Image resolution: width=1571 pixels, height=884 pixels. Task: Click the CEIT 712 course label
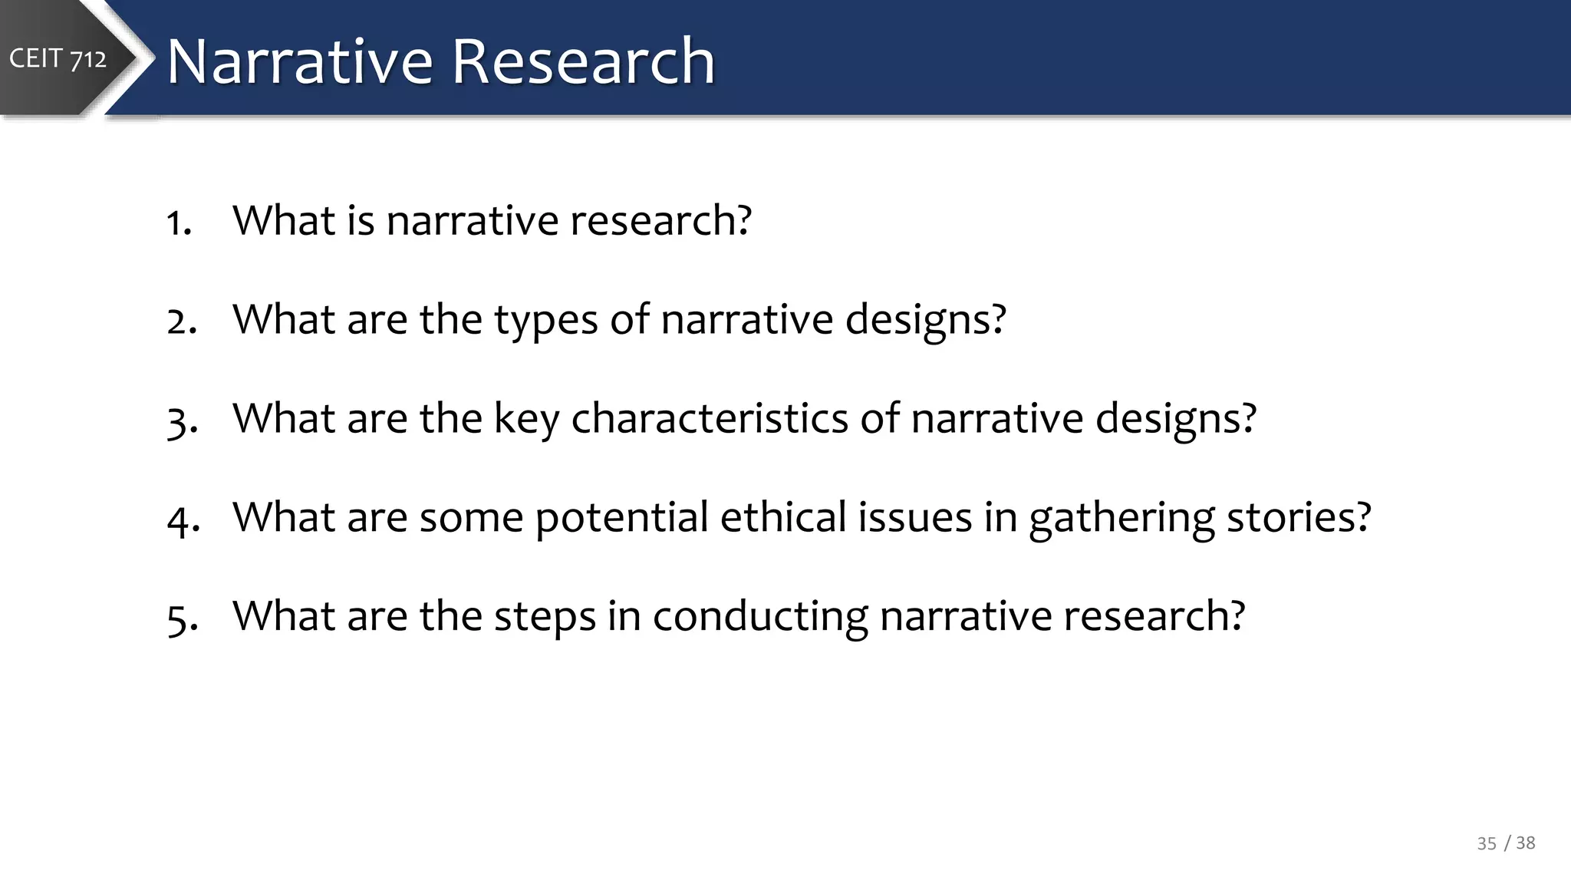point(58,58)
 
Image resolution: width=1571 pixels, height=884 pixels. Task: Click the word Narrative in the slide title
point(300,61)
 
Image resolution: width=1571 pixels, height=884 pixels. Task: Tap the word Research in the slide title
point(583,61)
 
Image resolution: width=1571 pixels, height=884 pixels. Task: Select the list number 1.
point(178,223)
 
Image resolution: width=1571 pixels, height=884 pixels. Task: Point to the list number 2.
point(181,321)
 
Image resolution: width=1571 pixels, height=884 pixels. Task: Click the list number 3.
point(181,421)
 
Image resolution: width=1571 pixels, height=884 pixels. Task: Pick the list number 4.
point(183,520)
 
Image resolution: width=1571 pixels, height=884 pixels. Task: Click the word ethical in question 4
point(782,517)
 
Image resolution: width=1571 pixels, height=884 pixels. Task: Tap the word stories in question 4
point(1298,517)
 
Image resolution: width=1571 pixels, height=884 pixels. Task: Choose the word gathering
point(1121,519)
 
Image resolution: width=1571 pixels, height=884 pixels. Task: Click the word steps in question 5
point(545,617)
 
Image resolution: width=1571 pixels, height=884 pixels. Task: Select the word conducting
point(760,617)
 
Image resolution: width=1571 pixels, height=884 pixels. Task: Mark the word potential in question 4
point(621,519)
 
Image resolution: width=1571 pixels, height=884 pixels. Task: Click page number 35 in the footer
point(1486,843)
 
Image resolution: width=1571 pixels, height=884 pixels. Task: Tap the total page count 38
point(1525,843)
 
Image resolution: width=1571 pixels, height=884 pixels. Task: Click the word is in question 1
point(361,221)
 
